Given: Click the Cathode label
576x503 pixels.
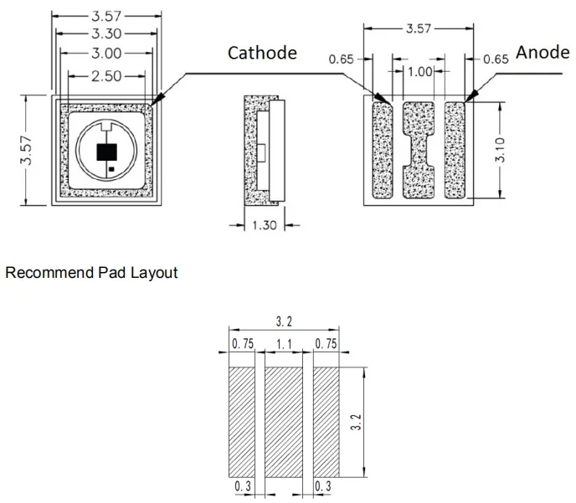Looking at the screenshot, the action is click(262, 53).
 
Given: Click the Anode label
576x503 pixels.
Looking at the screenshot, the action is click(543, 53).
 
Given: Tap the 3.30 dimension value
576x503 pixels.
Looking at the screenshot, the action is click(106, 33).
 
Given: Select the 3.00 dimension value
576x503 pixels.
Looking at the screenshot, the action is click(106, 54).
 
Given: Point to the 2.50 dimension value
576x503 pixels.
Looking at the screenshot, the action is click(106, 76).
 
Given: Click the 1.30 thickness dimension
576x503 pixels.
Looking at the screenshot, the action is click(265, 225).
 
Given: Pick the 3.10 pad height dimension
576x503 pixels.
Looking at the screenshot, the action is click(500, 150).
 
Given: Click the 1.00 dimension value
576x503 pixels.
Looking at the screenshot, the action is click(420, 72).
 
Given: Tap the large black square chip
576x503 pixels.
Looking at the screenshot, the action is click(107, 152).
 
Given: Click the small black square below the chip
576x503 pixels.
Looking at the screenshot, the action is click(111, 169).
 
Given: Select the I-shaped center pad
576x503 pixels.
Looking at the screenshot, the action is click(419, 150).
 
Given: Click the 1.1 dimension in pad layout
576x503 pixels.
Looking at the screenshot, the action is click(284, 344).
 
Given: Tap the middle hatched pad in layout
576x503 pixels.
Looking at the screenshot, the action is click(284, 422).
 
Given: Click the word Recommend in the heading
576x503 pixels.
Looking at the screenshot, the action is click(50, 273).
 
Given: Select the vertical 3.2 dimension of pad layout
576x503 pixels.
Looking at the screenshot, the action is click(356, 422).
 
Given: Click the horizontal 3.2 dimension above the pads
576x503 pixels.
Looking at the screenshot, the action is click(284, 321).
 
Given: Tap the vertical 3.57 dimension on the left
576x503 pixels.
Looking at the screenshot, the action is click(27, 150).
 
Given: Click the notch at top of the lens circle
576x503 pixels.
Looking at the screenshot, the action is click(106, 127).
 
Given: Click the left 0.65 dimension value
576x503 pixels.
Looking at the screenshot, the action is click(341, 59).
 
